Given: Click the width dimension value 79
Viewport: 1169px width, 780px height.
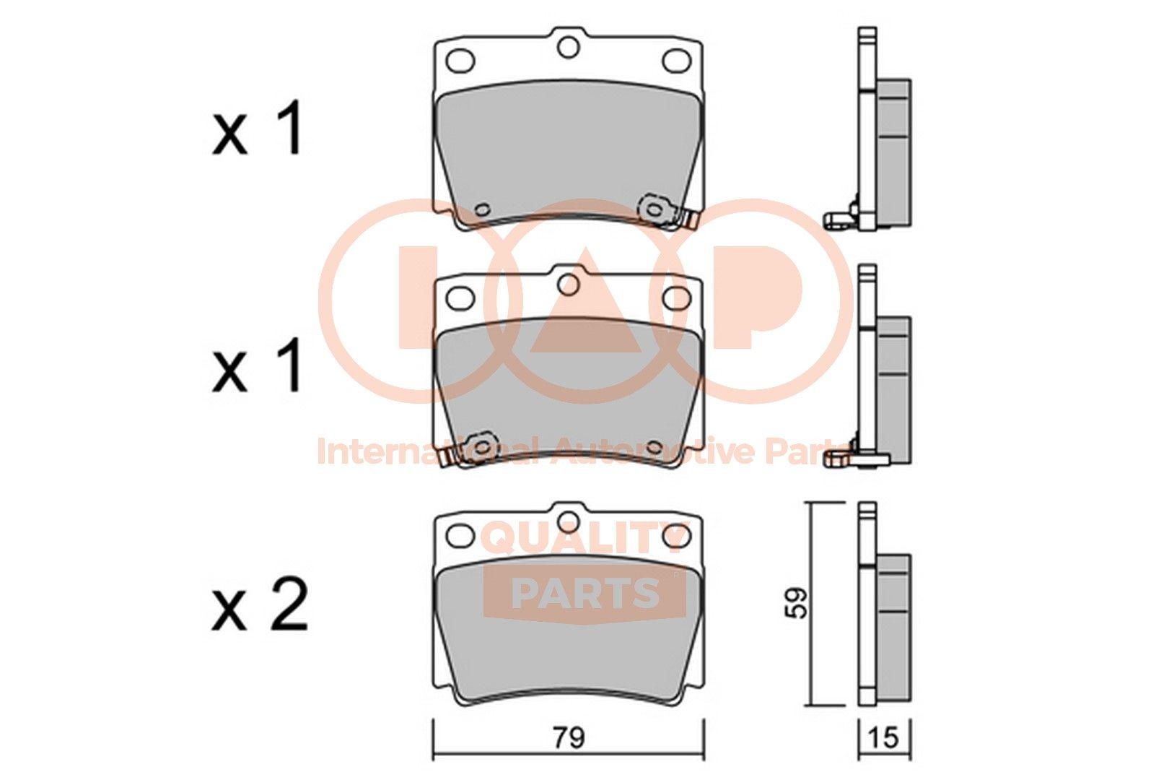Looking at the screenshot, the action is tap(569, 738).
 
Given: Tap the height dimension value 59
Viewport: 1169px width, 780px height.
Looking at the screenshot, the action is tap(799, 603).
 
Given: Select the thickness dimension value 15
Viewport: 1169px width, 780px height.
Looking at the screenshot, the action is tap(884, 738).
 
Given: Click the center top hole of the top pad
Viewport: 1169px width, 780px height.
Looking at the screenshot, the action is tap(569, 47).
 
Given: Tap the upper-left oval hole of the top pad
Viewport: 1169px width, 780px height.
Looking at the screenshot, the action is tap(461, 61).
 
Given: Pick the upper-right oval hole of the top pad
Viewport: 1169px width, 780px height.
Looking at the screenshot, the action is tap(676, 61).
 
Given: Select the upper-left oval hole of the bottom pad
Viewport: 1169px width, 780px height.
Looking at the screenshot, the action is tap(461, 535).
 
